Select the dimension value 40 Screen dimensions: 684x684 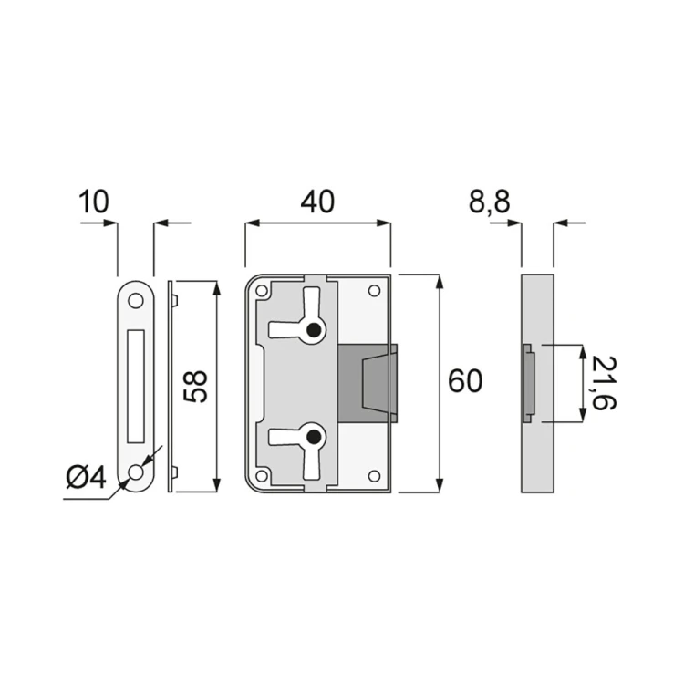pos(316,202)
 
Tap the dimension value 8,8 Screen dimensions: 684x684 pos(490,202)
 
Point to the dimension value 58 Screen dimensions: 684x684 pos(196,386)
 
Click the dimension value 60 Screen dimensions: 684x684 pos(464,381)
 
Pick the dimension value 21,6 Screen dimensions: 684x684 pos(602,384)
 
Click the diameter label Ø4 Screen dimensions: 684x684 pos(86,476)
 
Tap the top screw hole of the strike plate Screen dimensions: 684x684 pos(136,300)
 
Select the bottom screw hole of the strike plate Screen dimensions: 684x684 pos(136,472)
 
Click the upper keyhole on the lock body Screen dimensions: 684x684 pos(315,331)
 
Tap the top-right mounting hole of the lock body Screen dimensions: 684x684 pos(373,291)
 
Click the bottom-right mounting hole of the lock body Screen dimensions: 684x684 pos(373,475)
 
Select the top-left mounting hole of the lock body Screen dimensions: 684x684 pos(263,292)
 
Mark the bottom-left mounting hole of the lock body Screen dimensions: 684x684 pos(263,475)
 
